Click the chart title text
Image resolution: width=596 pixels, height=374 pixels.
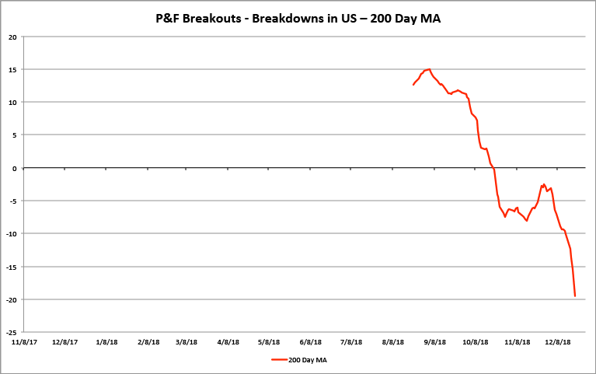298,18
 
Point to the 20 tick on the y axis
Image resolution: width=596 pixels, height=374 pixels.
13,37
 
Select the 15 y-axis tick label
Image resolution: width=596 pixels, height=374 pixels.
13,69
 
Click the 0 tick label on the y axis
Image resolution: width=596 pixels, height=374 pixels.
16,168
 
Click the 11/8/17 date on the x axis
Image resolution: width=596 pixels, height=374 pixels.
23,341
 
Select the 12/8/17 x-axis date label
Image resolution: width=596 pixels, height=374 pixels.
64,341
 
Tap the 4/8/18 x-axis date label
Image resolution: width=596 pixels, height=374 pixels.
228,341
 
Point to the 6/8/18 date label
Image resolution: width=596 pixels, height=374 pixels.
310,341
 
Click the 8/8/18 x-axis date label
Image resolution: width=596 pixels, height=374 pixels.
393,341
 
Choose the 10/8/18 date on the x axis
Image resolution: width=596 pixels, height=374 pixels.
475,341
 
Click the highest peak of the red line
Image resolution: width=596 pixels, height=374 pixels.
429,69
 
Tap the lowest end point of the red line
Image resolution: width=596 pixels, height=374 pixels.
575,296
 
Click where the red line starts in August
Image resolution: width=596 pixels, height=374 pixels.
413,85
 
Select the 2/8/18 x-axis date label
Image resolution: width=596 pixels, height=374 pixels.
147,341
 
